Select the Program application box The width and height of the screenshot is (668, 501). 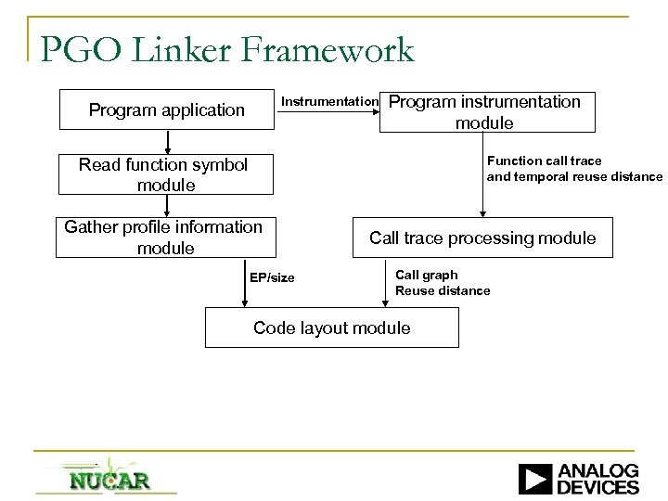tap(167, 109)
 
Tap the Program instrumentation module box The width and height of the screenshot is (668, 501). tap(486, 111)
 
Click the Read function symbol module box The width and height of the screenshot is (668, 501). tap(167, 174)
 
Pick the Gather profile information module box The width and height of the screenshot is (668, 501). tap(167, 238)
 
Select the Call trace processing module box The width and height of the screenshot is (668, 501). tap(482, 238)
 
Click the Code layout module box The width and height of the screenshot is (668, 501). tap(331, 328)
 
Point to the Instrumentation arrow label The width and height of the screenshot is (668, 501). tap(328, 101)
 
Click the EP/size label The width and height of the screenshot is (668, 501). tap(272, 277)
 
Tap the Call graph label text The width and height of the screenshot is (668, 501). tap(427, 275)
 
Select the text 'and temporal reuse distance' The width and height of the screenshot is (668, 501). tap(574, 176)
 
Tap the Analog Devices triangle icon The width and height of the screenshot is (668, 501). tap(534, 479)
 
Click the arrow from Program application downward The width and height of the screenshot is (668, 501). tap(167, 141)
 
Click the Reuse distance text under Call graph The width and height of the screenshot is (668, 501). tap(443, 290)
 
